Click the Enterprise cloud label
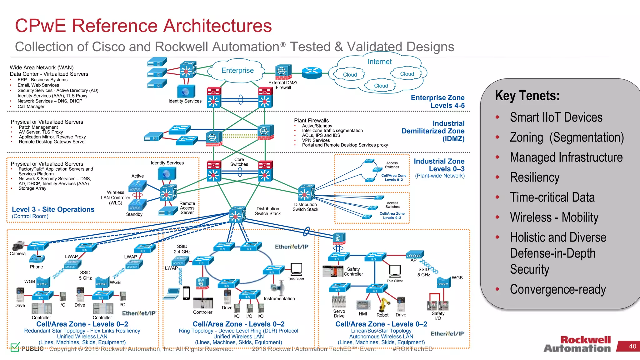click(x=237, y=71)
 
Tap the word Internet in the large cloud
click(x=379, y=62)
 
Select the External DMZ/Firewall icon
click(x=283, y=72)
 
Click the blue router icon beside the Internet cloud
click(x=312, y=73)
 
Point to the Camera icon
click(x=18, y=246)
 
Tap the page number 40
click(x=632, y=346)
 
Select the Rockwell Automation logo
click(x=577, y=344)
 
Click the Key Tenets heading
click(x=527, y=96)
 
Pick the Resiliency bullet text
click(x=534, y=177)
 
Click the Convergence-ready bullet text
click(x=558, y=289)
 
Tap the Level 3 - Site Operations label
click(x=53, y=209)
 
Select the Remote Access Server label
click(x=187, y=208)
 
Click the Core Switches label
click(x=239, y=162)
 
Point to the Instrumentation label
click(x=279, y=299)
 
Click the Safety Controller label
click(x=353, y=272)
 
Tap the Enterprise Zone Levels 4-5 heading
click(x=437, y=102)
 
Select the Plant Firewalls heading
click(x=311, y=121)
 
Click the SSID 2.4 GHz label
click(x=182, y=249)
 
